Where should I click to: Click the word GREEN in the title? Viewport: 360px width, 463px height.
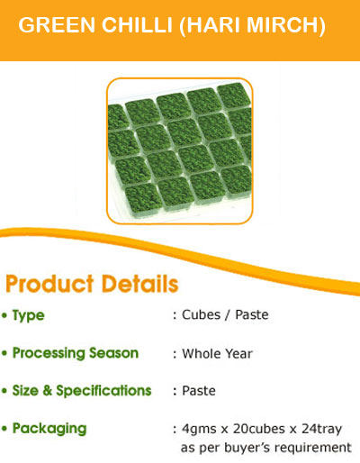57,24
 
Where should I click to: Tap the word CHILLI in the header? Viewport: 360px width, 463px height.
137,24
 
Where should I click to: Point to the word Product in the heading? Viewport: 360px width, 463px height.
49,284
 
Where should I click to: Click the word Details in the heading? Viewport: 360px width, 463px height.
140,284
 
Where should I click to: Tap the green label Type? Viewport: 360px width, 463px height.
29,316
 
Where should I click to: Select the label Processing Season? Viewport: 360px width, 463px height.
76,353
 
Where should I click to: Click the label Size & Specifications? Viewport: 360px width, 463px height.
82,391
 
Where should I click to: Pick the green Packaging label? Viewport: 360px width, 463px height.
49,429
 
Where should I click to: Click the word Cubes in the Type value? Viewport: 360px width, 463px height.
201,315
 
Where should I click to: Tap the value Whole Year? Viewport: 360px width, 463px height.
217,354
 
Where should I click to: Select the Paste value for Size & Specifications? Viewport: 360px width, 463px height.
199,391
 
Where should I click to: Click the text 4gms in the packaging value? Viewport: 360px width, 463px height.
199,430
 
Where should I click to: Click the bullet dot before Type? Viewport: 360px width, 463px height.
4,315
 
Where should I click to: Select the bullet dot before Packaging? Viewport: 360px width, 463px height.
4,429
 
